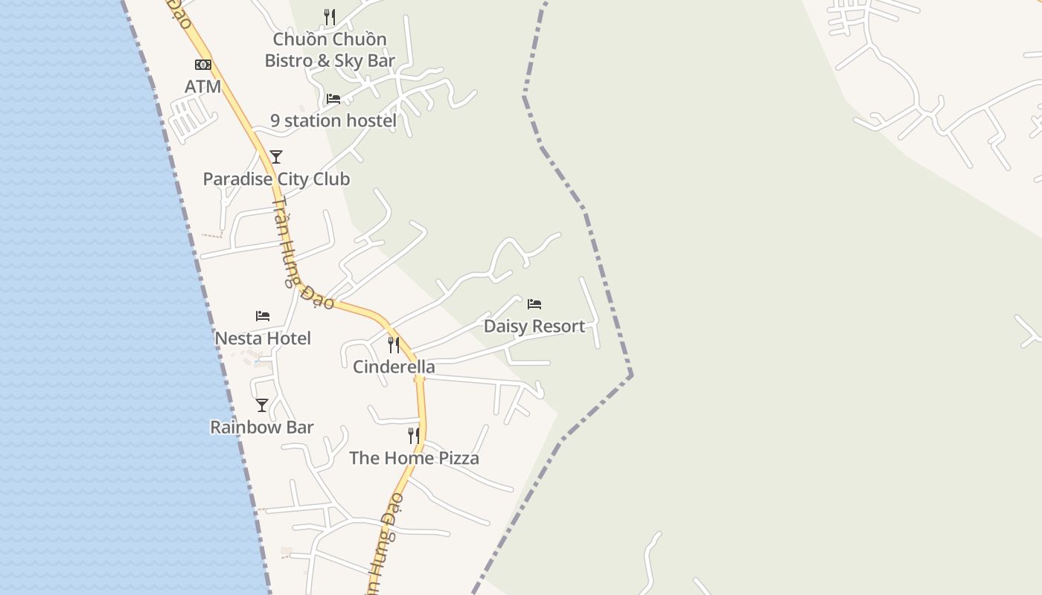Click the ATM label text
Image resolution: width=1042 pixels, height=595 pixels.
click(x=202, y=86)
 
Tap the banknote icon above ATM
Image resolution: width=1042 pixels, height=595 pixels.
click(x=202, y=65)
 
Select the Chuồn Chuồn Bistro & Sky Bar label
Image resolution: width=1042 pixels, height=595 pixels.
click(x=330, y=50)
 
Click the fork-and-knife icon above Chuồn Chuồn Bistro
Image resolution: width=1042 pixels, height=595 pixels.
click(x=330, y=16)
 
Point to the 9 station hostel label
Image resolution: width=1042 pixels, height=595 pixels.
click(x=333, y=120)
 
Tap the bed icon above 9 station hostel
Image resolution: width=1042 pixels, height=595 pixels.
click(x=333, y=98)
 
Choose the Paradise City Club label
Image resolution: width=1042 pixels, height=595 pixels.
click(x=276, y=179)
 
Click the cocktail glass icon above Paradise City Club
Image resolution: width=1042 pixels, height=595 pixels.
click(x=276, y=156)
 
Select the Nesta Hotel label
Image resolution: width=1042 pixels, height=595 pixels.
click(x=263, y=338)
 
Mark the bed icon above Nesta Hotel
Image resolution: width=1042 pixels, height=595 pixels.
click(x=263, y=316)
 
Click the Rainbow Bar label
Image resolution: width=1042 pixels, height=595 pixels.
click(x=262, y=428)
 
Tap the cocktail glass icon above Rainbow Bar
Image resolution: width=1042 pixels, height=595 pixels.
click(x=262, y=405)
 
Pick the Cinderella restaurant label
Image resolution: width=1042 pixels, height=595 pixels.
click(x=394, y=367)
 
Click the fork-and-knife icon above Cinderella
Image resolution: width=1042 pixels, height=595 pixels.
click(x=394, y=345)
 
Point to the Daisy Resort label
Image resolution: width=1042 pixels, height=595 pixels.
click(x=534, y=327)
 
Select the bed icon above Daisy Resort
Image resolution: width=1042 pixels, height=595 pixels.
click(x=534, y=304)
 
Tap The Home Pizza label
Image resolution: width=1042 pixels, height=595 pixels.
click(x=414, y=458)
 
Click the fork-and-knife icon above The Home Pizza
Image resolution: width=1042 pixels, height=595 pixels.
click(x=414, y=436)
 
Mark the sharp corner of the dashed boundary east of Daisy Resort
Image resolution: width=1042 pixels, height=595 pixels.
click(x=630, y=374)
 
